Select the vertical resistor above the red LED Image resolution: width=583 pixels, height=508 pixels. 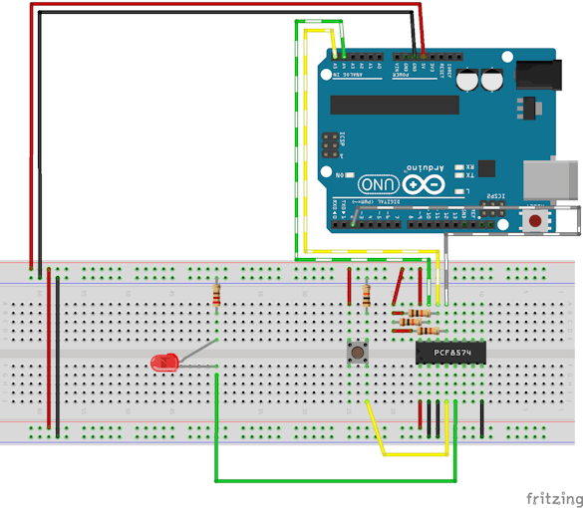(218, 294)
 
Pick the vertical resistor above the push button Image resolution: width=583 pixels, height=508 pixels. (367, 295)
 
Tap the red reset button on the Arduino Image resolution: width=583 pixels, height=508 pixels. (537, 219)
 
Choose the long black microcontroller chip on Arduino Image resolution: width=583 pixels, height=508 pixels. (395, 105)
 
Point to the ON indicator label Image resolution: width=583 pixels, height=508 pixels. (339, 174)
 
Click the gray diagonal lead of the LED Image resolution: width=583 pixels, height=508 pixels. (199, 353)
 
